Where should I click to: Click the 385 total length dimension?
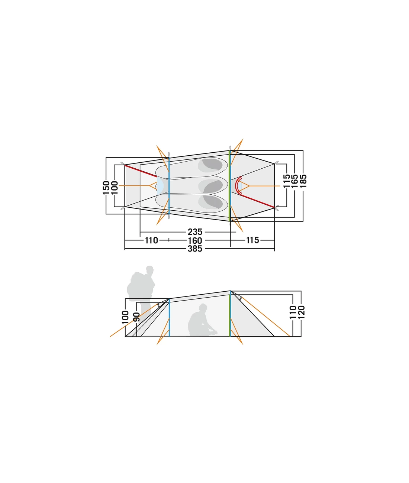click(195, 249)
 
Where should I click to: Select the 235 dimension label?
click(195, 232)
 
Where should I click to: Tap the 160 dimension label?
click(195, 240)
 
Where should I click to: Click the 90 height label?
click(137, 317)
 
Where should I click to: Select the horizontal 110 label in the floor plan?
click(151, 240)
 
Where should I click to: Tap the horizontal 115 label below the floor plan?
click(252, 240)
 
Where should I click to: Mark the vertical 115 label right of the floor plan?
click(286, 182)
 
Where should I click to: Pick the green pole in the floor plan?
click(230, 186)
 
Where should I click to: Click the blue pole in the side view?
click(169, 318)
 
